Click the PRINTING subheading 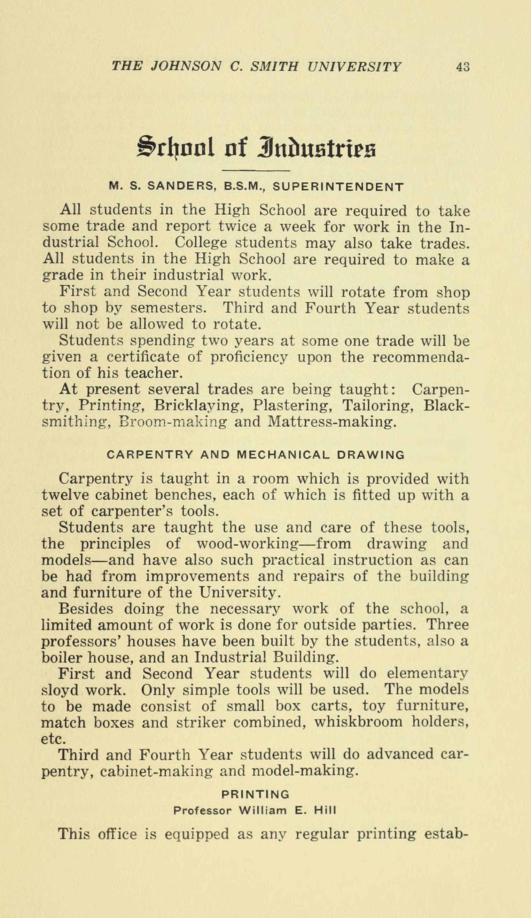point(255,794)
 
